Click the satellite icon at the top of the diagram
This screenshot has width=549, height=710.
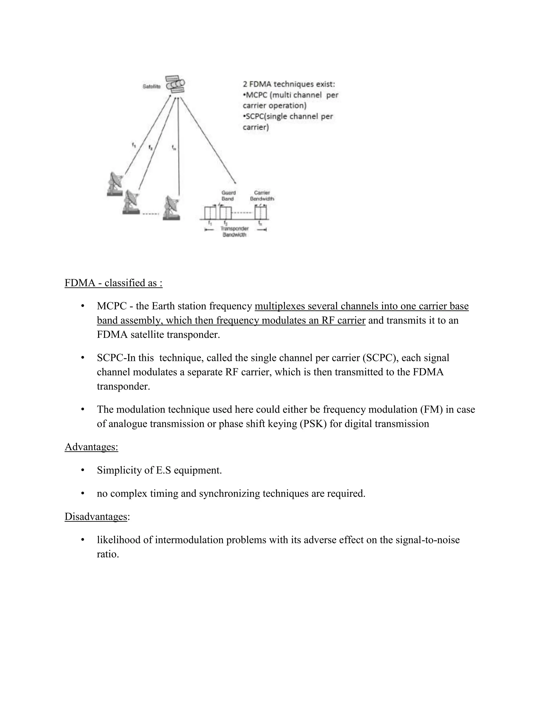[175, 84]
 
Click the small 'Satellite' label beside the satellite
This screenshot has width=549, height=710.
[151, 87]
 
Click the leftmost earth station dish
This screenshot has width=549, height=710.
[115, 184]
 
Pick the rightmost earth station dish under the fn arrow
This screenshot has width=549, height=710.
[171, 208]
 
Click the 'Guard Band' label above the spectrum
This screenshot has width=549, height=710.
[228, 195]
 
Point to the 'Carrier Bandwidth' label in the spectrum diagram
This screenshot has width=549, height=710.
[262, 195]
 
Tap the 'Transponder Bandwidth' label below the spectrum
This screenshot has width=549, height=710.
[235, 231]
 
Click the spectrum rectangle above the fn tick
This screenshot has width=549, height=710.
[261, 213]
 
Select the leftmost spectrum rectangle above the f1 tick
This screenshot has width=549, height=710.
[210, 213]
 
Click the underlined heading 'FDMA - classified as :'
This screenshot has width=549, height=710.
[113, 283]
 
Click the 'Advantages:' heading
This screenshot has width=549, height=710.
[91, 447]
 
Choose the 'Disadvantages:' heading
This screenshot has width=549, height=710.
[96, 516]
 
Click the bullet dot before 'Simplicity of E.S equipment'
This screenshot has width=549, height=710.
[83, 470]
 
